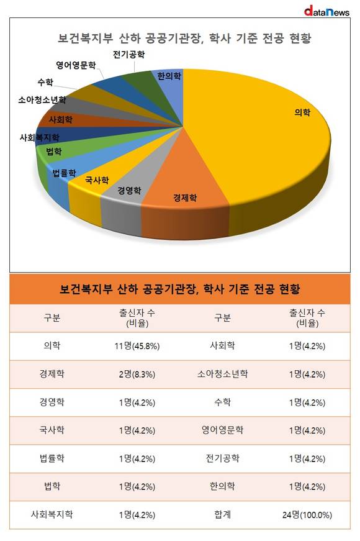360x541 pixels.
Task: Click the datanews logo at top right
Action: point(326,11)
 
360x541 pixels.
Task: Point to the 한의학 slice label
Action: point(169,76)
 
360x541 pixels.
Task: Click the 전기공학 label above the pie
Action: point(129,55)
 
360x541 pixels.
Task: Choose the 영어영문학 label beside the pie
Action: point(76,65)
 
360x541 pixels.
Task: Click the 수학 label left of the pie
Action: point(45,83)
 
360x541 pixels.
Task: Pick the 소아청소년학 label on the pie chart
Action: point(42,100)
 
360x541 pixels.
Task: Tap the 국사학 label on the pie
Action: point(97,180)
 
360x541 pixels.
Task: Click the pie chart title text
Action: point(184,38)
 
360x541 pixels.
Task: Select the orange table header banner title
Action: point(179,289)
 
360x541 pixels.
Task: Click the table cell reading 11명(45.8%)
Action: point(137,346)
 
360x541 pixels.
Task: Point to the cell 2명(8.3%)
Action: point(137,375)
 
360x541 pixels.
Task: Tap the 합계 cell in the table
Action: point(222,515)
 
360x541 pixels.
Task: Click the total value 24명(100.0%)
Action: point(307,515)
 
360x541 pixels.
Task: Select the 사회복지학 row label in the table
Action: point(52,515)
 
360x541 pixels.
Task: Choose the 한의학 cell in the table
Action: point(222,486)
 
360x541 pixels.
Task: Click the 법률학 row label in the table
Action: point(52,458)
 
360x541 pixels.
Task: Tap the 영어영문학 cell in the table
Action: point(222,430)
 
